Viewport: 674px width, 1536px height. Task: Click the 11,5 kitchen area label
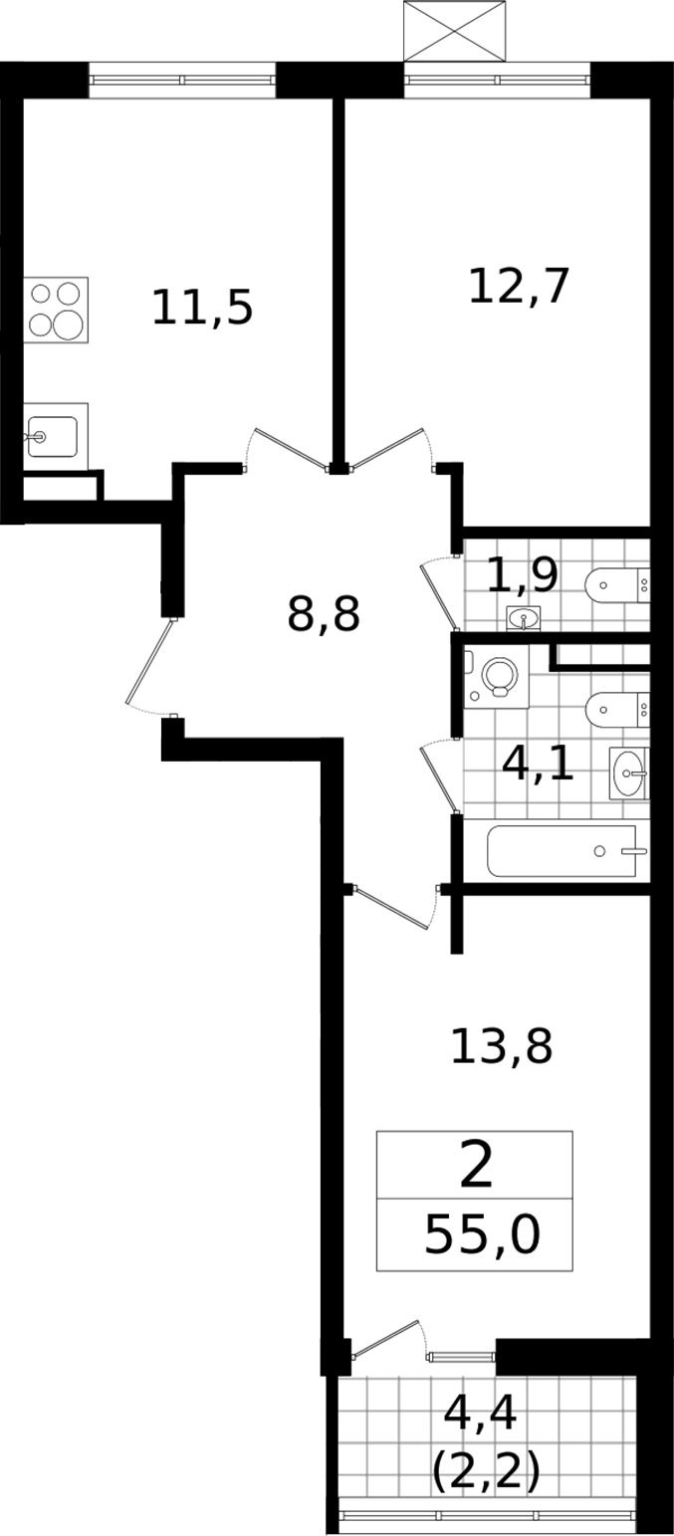(202, 307)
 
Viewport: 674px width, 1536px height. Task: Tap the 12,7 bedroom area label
(519, 286)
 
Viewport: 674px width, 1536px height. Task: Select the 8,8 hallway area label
(324, 614)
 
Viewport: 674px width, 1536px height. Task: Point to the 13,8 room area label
(501, 1046)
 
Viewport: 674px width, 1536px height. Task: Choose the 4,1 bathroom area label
(538, 764)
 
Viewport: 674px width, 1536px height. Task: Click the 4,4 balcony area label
(480, 1413)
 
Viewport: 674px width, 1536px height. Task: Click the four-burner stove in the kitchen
(56, 310)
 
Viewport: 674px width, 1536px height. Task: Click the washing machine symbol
(497, 676)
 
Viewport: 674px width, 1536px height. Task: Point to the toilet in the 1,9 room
(617, 585)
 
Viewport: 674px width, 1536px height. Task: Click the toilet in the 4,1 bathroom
(617, 709)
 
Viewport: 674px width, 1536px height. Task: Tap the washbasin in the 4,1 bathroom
(629, 773)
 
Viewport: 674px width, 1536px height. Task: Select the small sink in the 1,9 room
(524, 618)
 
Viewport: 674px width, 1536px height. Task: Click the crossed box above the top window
(455, 31)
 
